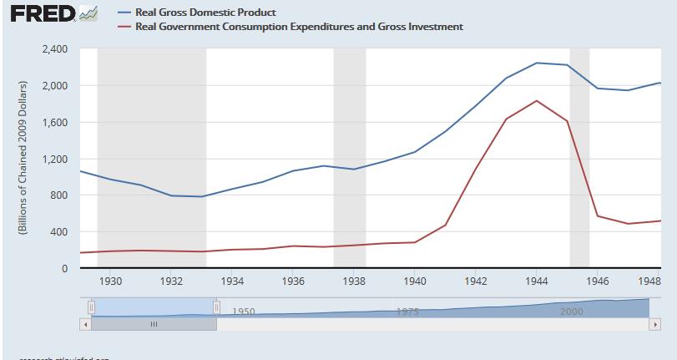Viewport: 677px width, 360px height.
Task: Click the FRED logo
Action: coord(49,15)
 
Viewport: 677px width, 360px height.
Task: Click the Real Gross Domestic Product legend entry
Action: coord(205,13)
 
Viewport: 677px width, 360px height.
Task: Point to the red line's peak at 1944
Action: coord(536,100)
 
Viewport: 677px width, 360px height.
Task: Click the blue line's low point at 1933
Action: coord(202,196)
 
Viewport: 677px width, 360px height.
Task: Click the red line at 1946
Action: coord(597,215)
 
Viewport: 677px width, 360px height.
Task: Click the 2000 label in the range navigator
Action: coord(572,311)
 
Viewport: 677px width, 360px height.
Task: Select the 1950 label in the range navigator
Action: coord(243,311)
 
